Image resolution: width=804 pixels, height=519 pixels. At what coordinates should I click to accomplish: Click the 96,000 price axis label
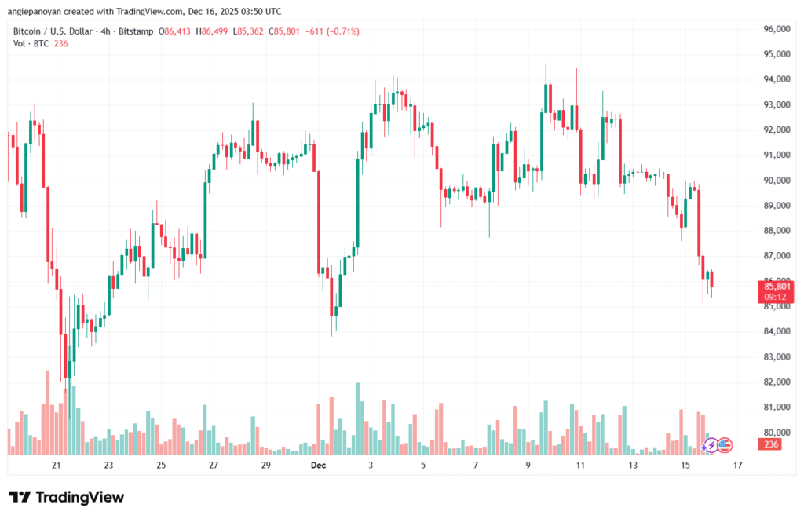(x=776, y=29)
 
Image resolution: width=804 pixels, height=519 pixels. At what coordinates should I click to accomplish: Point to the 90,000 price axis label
(x=776, y=181)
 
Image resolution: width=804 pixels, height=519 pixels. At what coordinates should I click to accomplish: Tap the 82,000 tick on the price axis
(x=776, y=382)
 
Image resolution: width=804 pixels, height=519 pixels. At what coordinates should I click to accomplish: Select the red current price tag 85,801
(x=776, y=287)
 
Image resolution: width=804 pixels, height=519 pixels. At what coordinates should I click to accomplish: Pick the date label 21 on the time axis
(x=56, y=465)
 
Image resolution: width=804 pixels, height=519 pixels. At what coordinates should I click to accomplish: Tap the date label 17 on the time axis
(x=738, y=465)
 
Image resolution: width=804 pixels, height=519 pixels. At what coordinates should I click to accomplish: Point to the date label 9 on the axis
(x=528, y=465)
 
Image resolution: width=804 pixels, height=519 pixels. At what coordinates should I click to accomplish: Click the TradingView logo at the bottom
(x=67, y=497)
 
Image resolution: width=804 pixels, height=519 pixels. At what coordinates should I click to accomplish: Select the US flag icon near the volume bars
(x=725, y=445)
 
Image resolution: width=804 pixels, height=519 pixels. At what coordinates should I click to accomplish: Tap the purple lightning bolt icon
(x=710, y=445)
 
